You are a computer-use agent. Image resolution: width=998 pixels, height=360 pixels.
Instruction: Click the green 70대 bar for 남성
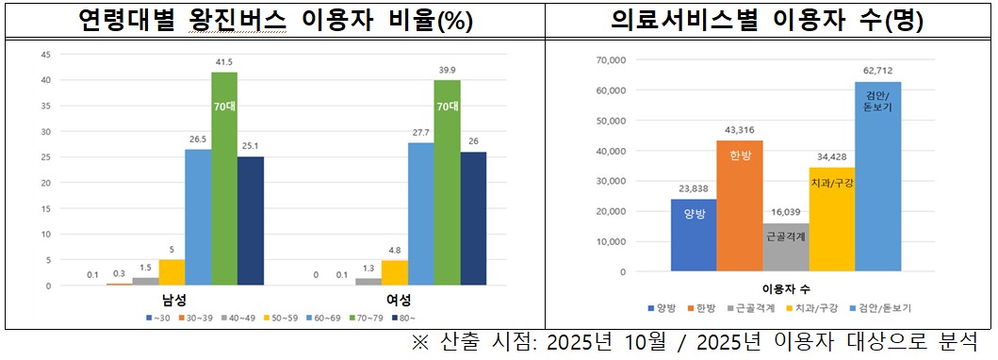224,179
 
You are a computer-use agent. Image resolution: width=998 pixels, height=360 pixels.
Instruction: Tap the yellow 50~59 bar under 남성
172,272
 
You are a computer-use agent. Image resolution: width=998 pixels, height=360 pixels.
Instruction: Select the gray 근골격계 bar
785,247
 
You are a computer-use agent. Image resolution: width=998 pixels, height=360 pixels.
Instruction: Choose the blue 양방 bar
694,236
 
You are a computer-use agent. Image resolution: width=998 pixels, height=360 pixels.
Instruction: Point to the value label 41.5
224,63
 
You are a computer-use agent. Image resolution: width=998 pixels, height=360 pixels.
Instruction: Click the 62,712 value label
878,70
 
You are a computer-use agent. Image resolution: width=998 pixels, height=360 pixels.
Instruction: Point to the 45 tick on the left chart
44,54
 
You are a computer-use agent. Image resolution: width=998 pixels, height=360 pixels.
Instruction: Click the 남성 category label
172,300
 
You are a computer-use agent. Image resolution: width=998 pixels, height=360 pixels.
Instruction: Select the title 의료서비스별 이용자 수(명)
767,20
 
